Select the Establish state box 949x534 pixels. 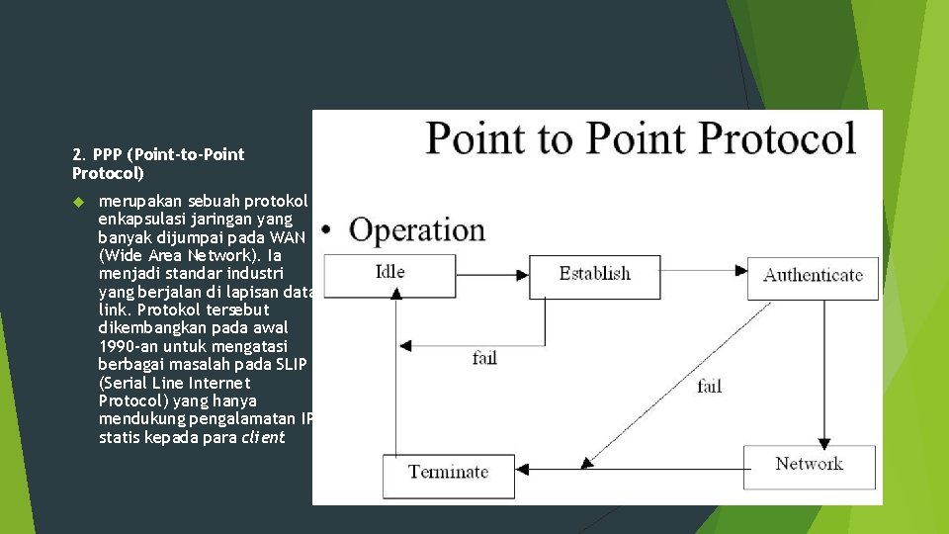click(594, 276)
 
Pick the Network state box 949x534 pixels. click(809, 467)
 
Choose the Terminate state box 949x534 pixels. click(449, 475)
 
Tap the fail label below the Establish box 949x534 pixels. click(484, 358)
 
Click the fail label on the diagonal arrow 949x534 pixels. click(709, 387)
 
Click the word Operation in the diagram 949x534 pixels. click(417, 230)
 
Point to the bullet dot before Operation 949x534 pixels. click(325, 233)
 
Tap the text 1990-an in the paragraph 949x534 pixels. click(129, 346)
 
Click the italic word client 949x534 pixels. click(263, 436)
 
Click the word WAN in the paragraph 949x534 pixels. click(289, 237)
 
